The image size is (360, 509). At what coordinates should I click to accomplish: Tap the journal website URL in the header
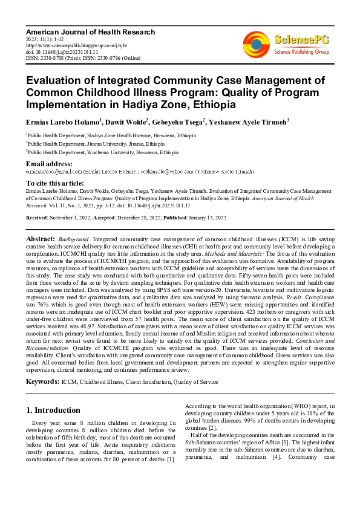pyautogui.click(x=71, y=45)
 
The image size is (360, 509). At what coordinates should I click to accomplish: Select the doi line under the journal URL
pyautogui.click(x=56, y=52)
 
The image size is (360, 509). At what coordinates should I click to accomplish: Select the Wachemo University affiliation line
pyautogui.click(x=102, y=154)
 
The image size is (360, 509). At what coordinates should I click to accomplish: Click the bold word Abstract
pyautogui.click(x=40, y=240)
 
